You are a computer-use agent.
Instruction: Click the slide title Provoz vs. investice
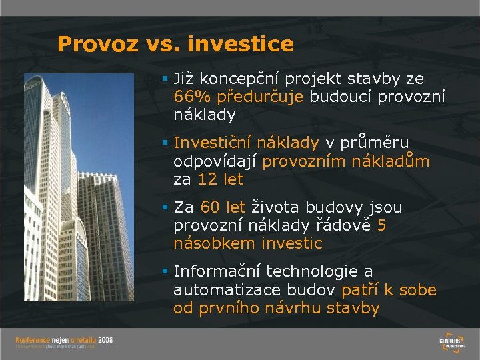coord(175,44)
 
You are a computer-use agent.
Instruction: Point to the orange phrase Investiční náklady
coord(246,143)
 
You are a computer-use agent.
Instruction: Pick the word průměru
coord(376,143)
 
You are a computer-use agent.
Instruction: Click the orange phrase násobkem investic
coord(247,244)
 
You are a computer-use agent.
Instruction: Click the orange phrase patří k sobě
coord(389,290)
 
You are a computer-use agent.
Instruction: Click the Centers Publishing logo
coord(453,341)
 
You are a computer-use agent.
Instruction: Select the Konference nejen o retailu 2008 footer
coord(64,342)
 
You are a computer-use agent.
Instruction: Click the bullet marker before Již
coord(165,79)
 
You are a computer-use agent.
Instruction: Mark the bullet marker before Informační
coord(165,271)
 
